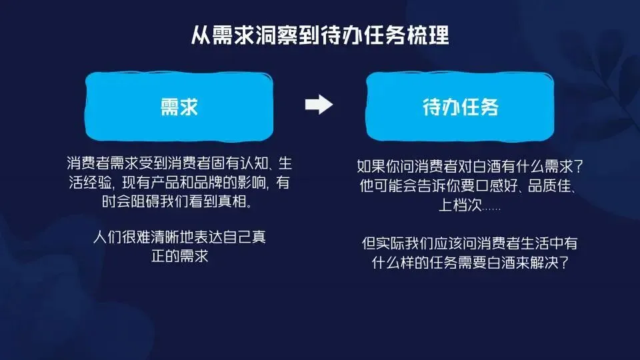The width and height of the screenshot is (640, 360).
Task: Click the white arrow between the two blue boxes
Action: pos(318,105)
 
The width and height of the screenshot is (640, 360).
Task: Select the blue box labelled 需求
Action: pos(180,107)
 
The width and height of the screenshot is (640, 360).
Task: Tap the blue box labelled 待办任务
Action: pos(461,107)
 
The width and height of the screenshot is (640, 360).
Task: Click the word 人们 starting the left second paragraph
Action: pos(105,238)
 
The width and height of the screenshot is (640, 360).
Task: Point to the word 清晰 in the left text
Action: pos(166,238)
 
